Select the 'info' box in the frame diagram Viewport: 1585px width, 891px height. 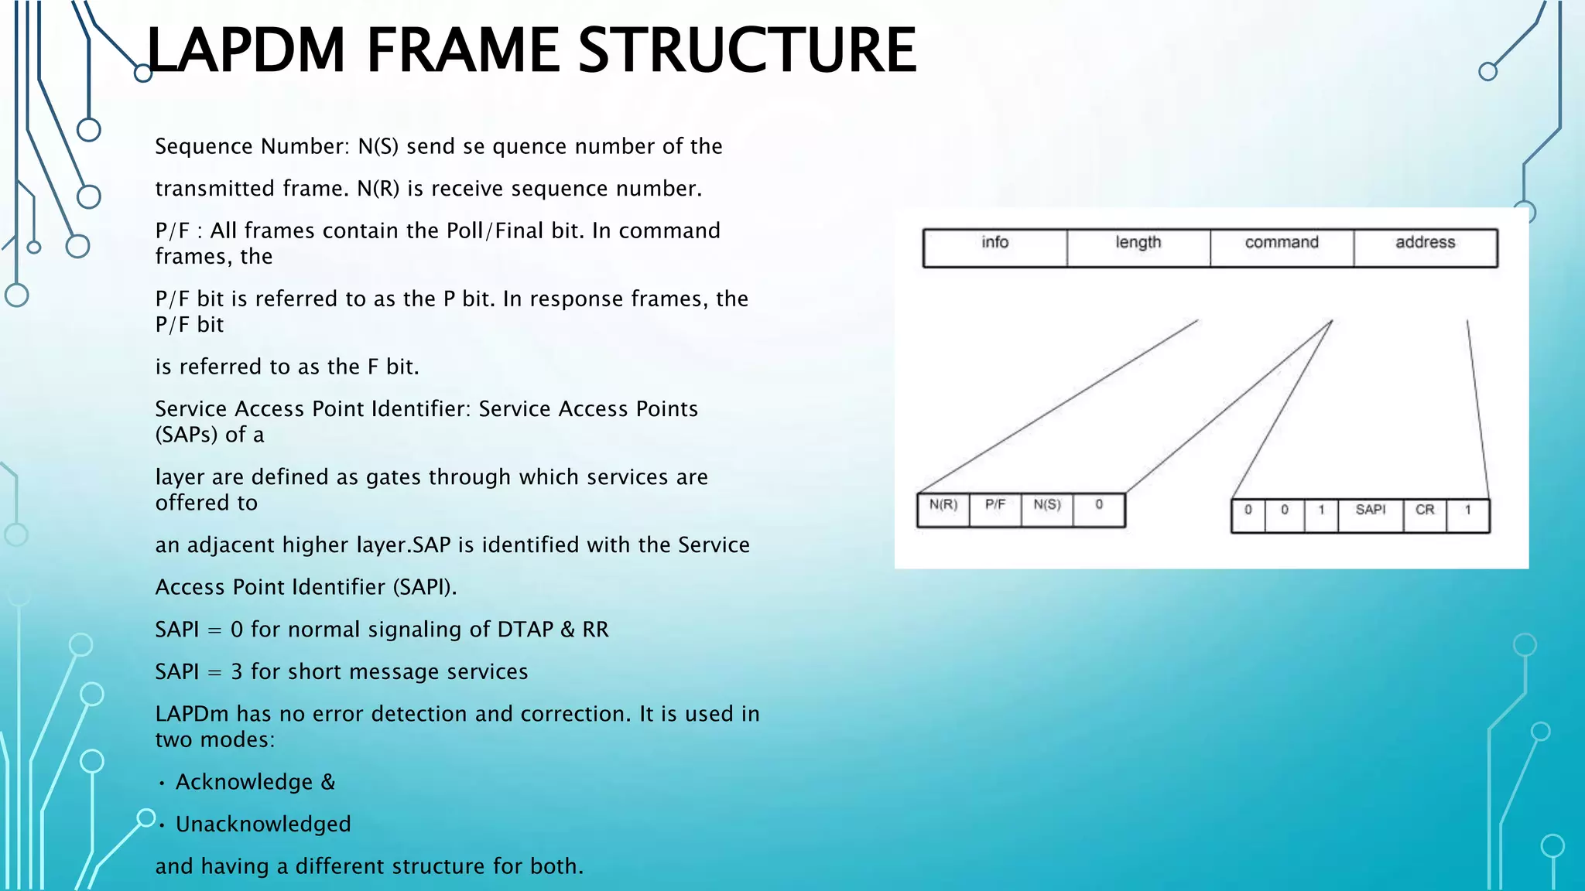994,247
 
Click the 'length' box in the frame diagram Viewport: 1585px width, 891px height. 1138,247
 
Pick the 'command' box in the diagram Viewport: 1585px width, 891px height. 1282,247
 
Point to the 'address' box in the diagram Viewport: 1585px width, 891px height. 1425,247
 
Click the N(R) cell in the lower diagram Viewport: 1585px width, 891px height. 943,509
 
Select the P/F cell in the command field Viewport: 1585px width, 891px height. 994,509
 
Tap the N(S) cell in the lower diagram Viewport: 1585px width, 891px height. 1046,509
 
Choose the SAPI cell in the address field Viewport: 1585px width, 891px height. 1370,514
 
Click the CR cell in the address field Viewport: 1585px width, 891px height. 1424,514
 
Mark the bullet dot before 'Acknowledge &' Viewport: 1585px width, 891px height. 162,783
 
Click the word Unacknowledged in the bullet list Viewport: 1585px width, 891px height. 263,824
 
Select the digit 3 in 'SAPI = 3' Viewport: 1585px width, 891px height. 237,672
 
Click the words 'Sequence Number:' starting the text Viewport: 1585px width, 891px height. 252,147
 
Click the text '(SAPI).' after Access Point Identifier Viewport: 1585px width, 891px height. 424,588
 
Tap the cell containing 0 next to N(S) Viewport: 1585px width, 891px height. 1098,509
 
